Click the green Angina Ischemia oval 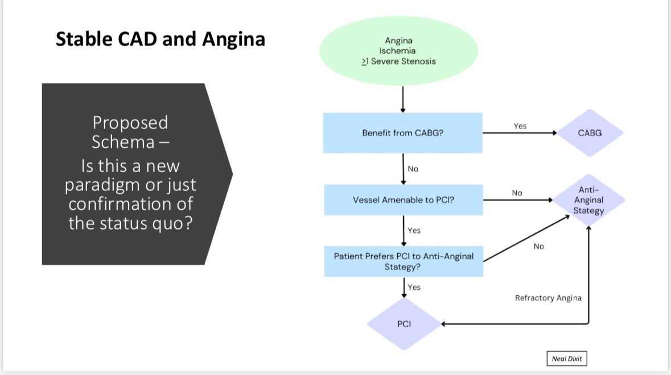[x=398, y=51]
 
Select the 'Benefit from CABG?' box [x=403, y=133]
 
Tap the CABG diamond [x=590, y=133]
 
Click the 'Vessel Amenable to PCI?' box [x=403, y=200]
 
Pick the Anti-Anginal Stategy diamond [x=589, y=200]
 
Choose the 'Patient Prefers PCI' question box [x=404, y=261]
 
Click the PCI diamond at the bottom [x=404, y=324]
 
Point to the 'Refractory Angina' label [x=548, y=298]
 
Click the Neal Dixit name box [x=567, y=359]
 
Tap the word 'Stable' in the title [x=84, y=39]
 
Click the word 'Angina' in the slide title [x=234, y=39]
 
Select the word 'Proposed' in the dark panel [x=130, y=123]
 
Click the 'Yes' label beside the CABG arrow [x=520, y=126]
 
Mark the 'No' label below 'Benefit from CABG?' [x=413, y=169]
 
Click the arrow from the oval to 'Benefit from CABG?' [x=403, y=99]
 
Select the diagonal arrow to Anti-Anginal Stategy [x=526, y=238]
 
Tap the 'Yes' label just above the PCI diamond [x=414, y=287]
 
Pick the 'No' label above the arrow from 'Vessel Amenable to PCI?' [x=517, y=193]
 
